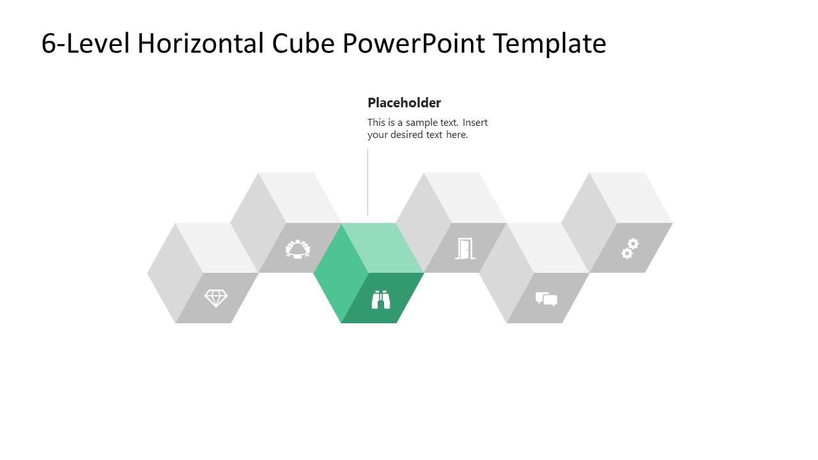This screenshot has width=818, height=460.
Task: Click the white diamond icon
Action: click(215, 298)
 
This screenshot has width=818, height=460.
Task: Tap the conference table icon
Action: click(298, 249)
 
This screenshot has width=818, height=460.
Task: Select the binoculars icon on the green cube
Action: click(381, 299)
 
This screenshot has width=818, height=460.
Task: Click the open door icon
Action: click(465, 249)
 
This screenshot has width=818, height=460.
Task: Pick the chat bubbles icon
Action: click(546, 299)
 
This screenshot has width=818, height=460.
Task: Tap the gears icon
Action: click(630, 249)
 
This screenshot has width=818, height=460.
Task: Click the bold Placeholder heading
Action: click(404, 103)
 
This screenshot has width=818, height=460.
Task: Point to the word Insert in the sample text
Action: click(475, 123)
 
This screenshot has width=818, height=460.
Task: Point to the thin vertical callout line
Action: click(367, 182)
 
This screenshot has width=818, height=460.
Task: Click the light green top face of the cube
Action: click(382, 248)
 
